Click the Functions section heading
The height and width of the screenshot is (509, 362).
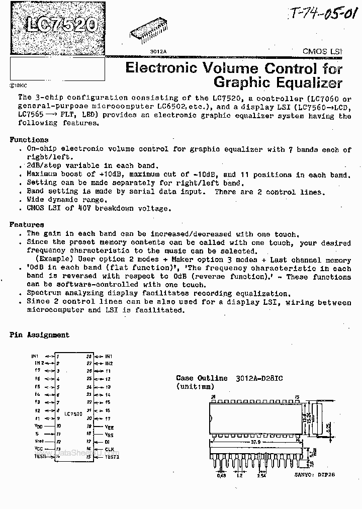click(x=29, y=140)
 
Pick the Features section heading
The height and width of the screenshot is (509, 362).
click(x=27, y=225)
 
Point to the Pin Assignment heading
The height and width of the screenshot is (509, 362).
click(x=39, y=335)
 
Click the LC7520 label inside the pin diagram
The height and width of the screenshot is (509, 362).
click(x=73, y=412)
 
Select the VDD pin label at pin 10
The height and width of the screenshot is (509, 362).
click(x=38, y=426)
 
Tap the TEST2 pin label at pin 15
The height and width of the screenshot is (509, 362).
click(x=112, y=457)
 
